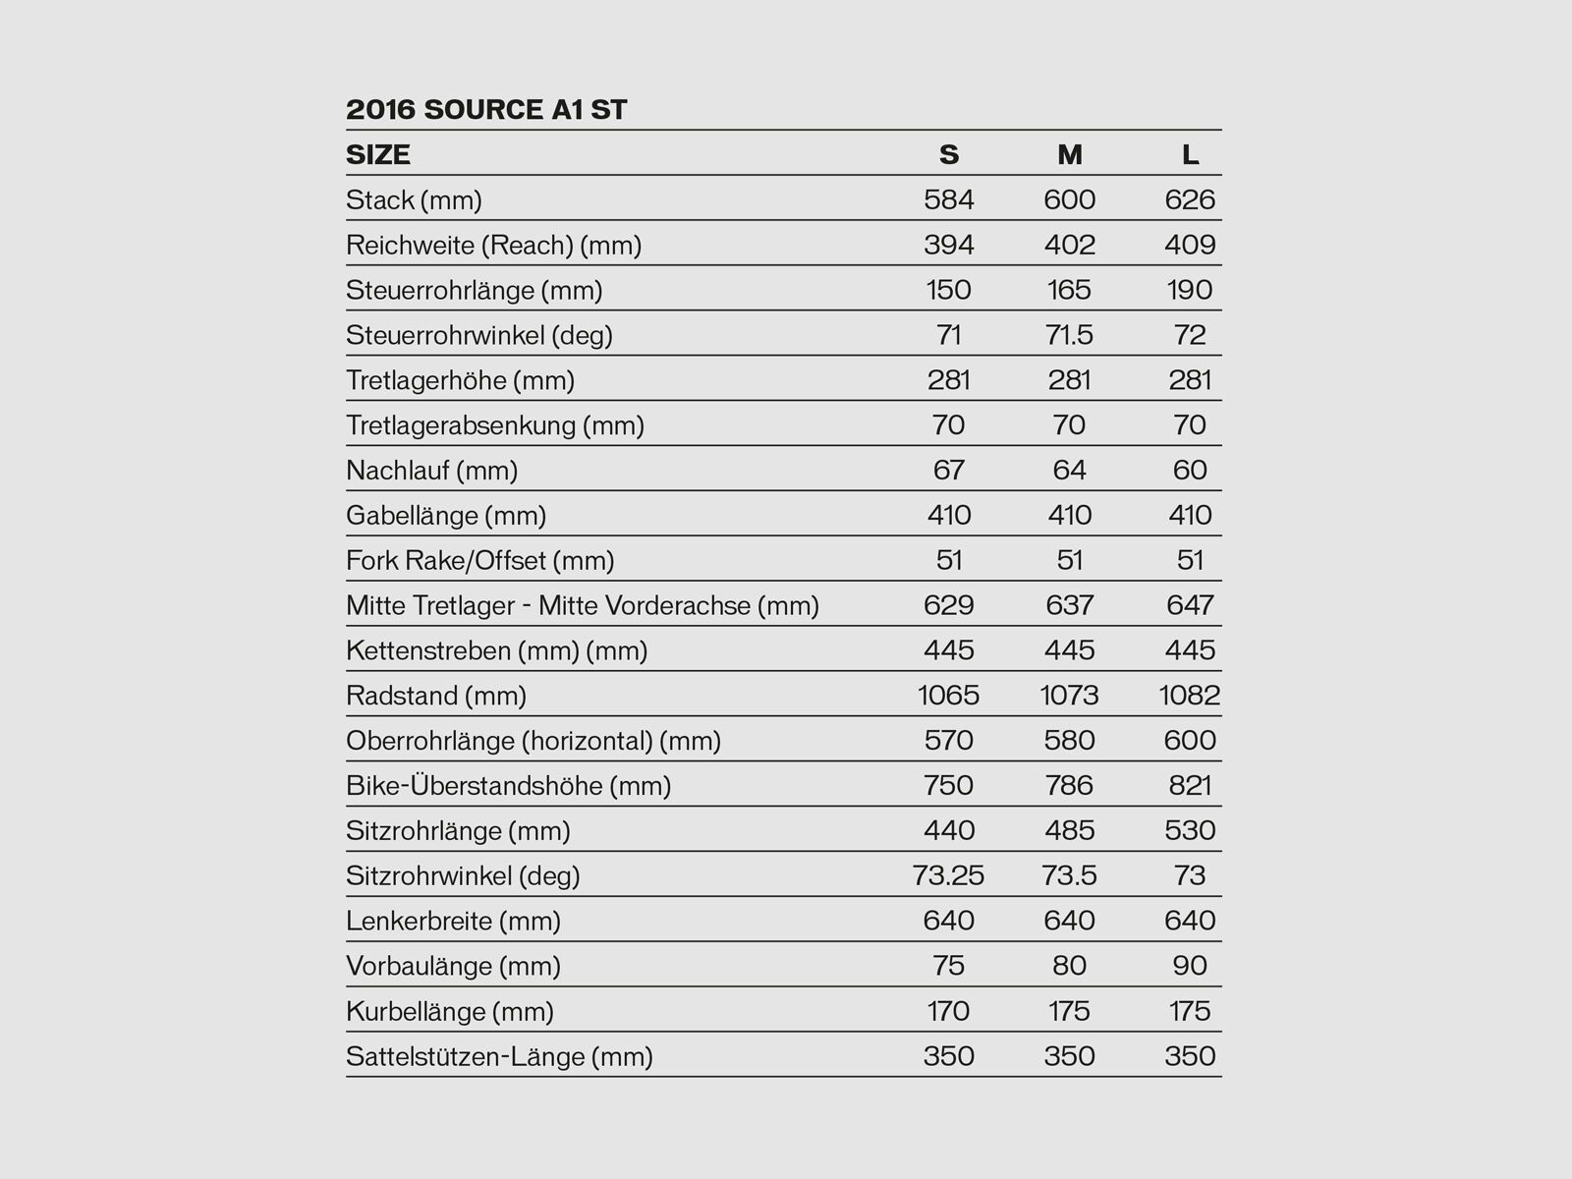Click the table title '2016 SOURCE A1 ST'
pos(486,109)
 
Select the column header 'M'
pos(1069,154)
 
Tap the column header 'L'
pos(1190,154)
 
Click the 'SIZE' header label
pos(378,154)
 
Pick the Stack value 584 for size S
pos(948,199)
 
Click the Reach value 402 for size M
pos(1069,245)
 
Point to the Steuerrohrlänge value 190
pos(1190,290)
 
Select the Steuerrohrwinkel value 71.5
pos(1069,335)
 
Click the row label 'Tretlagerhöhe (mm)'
pos(460,380)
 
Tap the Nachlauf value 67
pos(948,470)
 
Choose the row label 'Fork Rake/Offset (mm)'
pos(479,560)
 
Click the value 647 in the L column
pos(1190,605)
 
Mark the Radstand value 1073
pos(1069,696)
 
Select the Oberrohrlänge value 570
pos(948,740)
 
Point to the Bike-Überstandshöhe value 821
pos(1190,785)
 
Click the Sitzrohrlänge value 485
pos(1069,830)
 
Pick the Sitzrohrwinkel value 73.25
pos(948,875)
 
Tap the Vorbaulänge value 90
pos(1190,966)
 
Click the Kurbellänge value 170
pos(948,1011)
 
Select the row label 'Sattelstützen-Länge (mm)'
pos(499,1056)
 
